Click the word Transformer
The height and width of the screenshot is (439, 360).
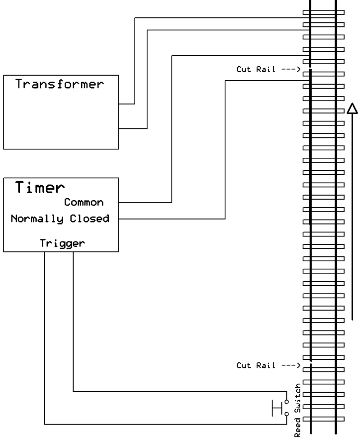tap(59, 84)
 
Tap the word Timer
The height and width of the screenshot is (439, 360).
tap(40, 188)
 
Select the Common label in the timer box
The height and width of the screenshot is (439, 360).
tap(84, 203)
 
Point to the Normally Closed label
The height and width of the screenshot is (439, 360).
tap(60, 219)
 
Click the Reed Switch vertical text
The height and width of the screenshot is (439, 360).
tap(298, 411)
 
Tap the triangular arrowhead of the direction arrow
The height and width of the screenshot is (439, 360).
tap(352, 109)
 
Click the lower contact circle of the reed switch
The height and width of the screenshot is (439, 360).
tap(286, 413)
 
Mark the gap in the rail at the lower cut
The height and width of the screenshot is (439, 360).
tap(310, 363)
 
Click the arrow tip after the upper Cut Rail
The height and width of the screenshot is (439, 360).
tap(300, 69)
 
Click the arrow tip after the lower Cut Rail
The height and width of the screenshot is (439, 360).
tap(300, 365)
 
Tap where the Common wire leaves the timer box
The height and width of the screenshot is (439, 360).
tap(119, 203)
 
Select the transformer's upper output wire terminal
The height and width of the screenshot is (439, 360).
tap(119, 104)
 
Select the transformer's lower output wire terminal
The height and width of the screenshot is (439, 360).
tap(119, 128)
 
